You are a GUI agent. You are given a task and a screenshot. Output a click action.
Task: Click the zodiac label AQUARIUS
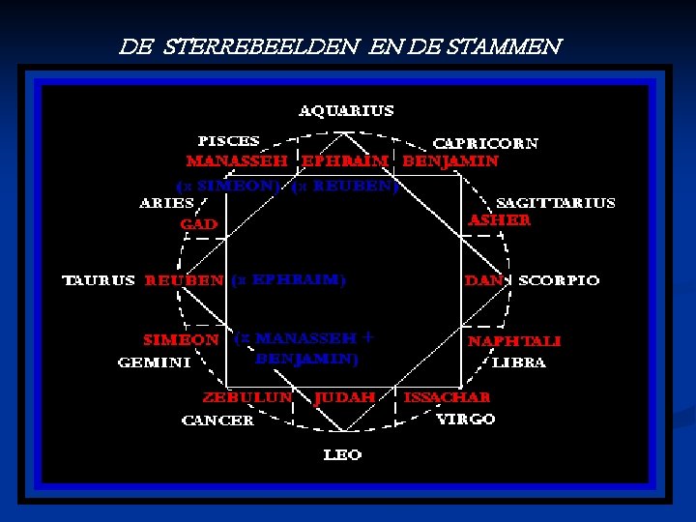[346, 111]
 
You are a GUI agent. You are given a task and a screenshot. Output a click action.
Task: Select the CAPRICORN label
[485, 143]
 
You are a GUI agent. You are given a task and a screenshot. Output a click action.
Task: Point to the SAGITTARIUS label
[555, 203]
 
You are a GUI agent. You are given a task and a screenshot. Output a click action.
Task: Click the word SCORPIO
[559, 280]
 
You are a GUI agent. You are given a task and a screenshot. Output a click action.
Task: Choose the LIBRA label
[519, 362]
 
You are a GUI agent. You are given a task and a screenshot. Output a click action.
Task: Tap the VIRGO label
[465, 419]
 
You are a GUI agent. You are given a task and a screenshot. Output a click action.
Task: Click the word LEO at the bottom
[342, 454]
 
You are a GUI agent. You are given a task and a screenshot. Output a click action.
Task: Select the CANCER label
[217, 420]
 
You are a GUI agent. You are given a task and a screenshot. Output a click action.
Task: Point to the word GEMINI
[154, 362]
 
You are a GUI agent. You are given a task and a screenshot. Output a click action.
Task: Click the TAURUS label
[99, 280]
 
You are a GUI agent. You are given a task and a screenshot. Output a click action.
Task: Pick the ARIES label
[166, 203]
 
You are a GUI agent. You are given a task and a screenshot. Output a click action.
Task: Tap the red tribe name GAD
[199, 224]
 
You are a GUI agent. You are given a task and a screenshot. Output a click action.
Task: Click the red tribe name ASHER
[499, 220]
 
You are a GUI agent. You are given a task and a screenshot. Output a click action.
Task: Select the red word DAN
[483, 280]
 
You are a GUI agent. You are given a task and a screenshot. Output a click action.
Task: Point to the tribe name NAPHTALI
[513, 341]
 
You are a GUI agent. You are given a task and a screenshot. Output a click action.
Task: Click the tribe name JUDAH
[345, 397]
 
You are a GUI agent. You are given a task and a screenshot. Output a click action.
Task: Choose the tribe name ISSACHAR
[447, 397]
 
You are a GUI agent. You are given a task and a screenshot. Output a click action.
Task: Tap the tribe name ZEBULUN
[247, 397]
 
